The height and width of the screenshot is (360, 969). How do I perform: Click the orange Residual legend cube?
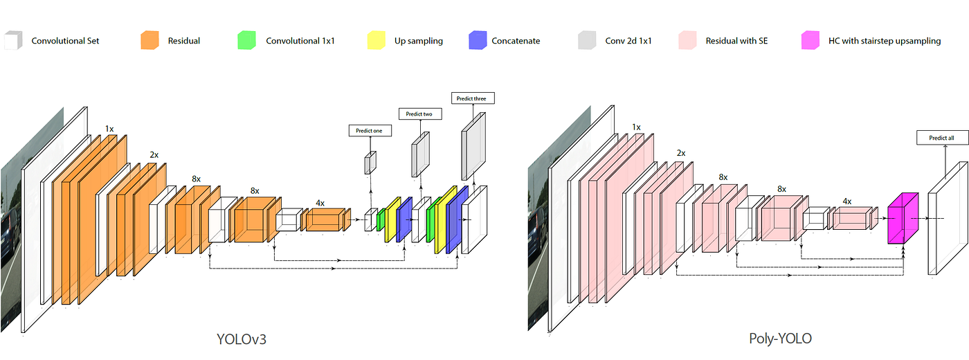149,40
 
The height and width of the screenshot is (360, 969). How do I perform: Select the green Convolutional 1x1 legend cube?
246,40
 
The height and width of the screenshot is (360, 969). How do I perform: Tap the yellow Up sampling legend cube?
375,40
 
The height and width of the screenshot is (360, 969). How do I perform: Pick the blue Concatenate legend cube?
478,40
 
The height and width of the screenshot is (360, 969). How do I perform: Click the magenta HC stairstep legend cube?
809,40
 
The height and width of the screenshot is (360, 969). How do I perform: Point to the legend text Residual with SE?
736,41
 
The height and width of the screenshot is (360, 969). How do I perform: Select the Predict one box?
370,130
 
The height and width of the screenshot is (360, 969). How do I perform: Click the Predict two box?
419,113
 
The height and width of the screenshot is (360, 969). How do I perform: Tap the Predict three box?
472,98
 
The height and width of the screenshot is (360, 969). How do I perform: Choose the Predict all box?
941,138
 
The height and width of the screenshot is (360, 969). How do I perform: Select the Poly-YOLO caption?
780,339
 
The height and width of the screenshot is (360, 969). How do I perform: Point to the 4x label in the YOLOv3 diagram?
320,203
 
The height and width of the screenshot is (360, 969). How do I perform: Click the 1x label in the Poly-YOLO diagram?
636,127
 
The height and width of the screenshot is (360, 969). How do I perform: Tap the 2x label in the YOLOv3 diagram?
153,155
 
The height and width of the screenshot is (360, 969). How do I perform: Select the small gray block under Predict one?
370,162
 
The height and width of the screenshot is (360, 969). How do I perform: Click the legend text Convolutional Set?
65,41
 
